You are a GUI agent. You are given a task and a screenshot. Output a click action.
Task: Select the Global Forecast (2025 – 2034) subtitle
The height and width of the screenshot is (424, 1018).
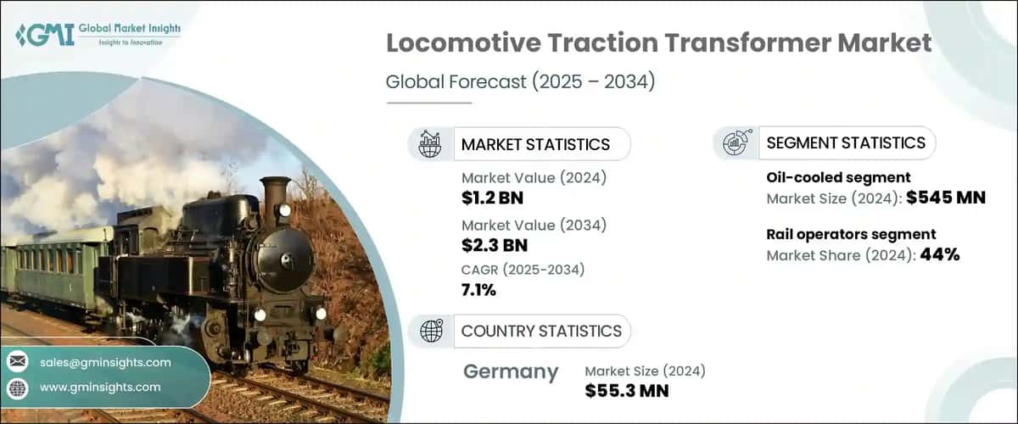coord(520,82)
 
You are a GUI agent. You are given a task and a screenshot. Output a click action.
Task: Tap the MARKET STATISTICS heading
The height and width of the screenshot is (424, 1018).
coord(535,144)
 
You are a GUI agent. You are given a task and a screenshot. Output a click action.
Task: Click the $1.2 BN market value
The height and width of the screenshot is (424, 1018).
coord(493,198)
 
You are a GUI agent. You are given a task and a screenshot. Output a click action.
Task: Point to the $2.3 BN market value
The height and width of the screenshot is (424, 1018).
coord(494,246)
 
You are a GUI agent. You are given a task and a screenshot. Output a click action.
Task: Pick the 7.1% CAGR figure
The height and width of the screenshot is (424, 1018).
coord(479,290)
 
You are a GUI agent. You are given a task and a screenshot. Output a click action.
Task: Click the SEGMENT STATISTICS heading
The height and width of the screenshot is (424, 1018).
coord(846,143)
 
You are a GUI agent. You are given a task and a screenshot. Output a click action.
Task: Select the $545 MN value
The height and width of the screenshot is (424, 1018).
coord(945,198)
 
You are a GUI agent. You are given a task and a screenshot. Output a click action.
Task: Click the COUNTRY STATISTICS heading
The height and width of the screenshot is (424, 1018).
coord(541,331)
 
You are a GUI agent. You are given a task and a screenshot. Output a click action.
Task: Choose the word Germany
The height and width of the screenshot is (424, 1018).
coord(512,371)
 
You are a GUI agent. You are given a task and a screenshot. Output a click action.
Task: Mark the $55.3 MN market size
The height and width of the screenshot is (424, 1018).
coord(627,390)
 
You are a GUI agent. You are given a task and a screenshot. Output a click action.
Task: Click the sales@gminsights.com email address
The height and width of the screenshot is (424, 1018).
coord(105,362)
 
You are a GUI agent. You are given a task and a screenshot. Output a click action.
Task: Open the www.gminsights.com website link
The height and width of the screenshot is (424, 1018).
coord(100,387)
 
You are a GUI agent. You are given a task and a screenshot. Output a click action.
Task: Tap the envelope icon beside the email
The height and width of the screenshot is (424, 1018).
coord(18,362)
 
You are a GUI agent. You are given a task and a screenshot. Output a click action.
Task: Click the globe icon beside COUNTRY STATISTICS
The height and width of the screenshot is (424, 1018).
coord(432,331)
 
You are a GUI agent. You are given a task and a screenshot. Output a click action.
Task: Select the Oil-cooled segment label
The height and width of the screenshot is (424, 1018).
coord(826,178)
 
